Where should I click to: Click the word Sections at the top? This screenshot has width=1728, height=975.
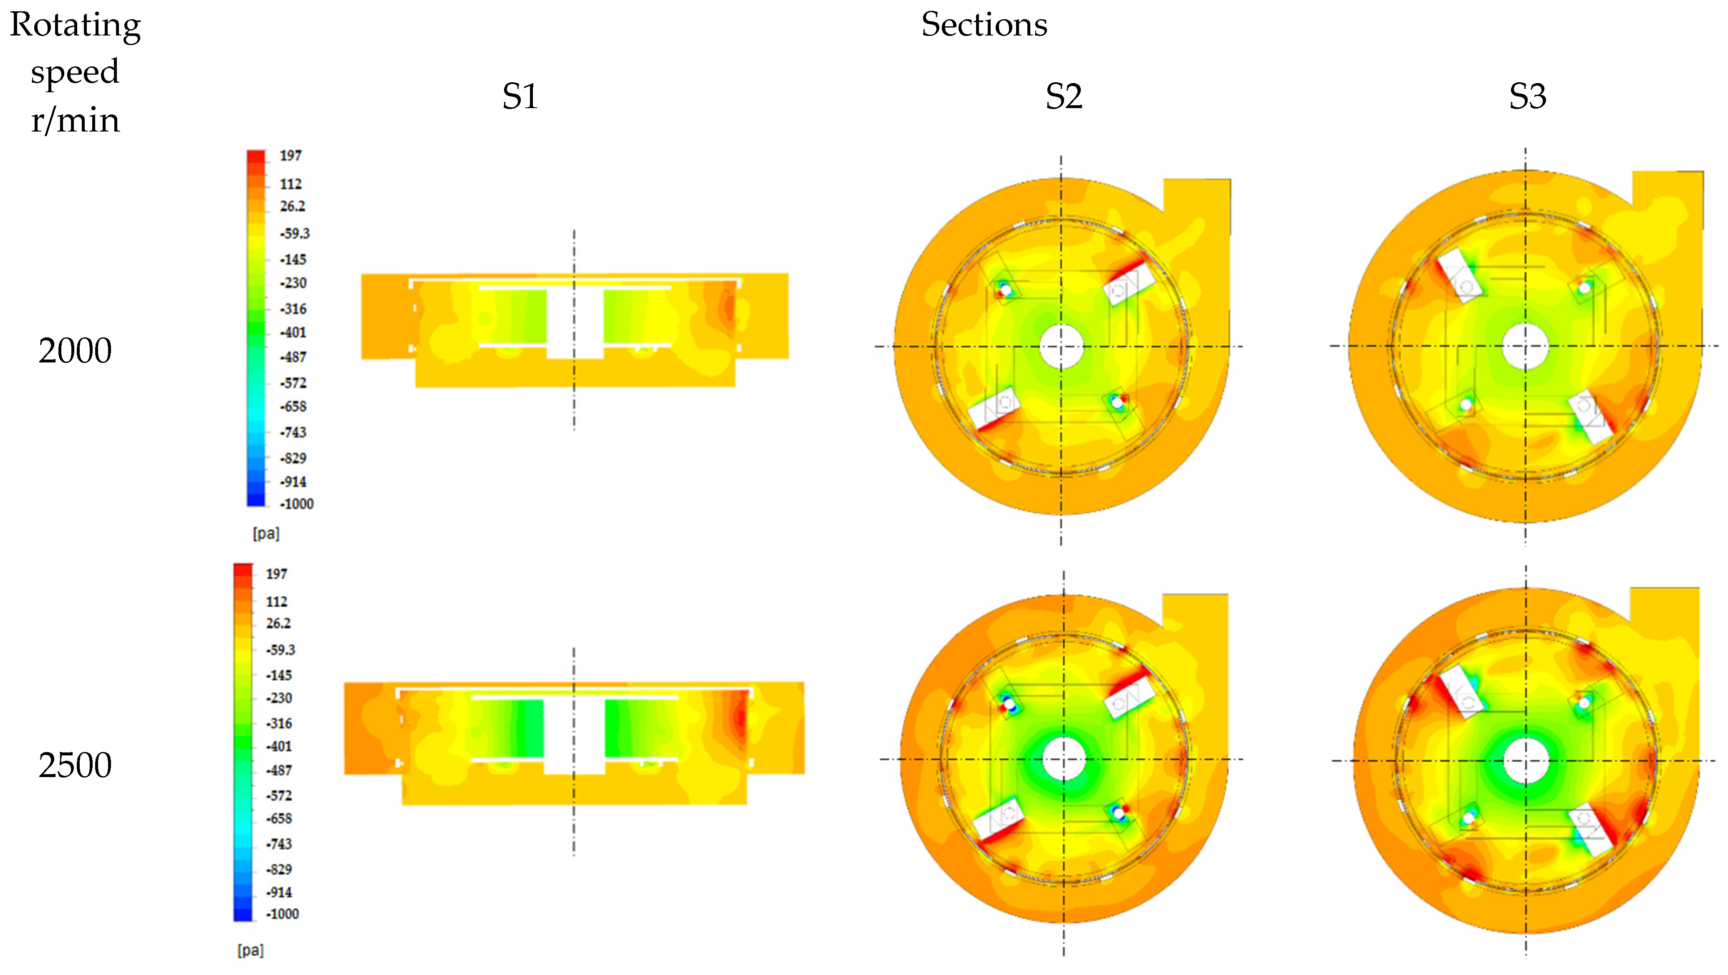click(984, 25)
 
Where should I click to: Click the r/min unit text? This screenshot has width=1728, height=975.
click(75, 121)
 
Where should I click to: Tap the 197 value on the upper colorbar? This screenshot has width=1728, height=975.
click(290, 156)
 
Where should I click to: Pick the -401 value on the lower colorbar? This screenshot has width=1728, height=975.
click(279, 746)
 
